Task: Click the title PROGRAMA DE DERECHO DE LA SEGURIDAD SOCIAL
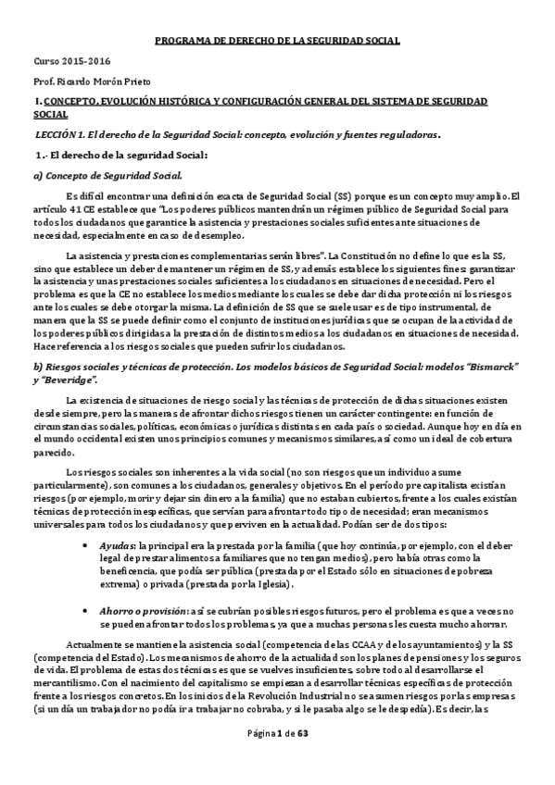pos(277,42)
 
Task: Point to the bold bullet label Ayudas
pos(117,546)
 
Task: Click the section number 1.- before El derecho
pos(42,154)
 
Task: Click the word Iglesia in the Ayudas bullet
pos(277,585)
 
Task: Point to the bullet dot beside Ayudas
pos(88,546)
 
